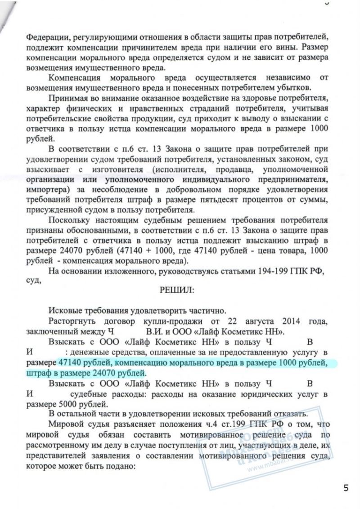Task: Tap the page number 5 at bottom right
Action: (346, 488)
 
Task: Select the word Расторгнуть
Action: (73, 322)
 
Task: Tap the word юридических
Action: (234, 393)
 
